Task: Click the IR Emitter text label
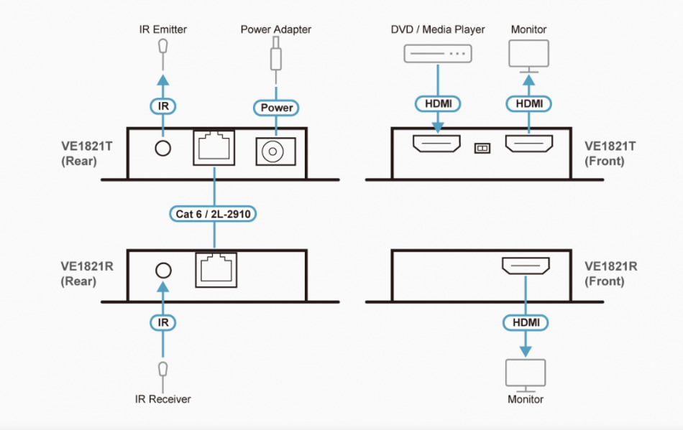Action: (163, 29)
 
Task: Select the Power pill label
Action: (276, 108)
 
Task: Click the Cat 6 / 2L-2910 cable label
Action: (215, 213)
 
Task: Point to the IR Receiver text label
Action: (163, 398)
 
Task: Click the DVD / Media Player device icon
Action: (437, 53)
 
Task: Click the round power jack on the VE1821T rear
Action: (273, 151)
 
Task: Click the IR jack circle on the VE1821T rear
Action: (163, 148)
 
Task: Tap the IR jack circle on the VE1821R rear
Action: (163, 270)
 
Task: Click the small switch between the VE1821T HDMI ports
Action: (482, 148)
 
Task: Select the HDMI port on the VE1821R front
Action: (526, 268)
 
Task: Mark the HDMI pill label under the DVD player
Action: (437, 104)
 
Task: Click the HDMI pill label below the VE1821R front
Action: (526, 323)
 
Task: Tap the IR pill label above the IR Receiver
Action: (163, 323)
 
